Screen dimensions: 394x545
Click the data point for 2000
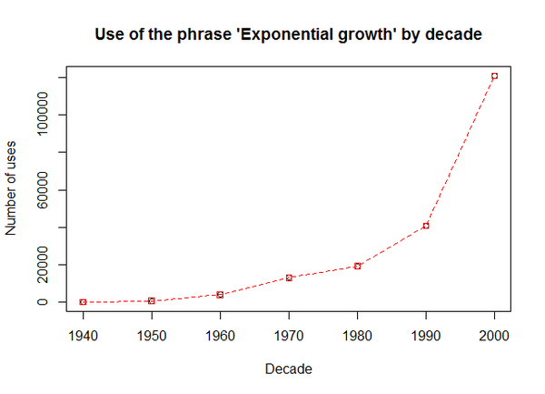[x=494, y=76]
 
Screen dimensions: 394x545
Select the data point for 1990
[x=426, y=226]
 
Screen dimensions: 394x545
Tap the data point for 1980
[x=357, y=266]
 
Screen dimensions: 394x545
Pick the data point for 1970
[x=289, y=278]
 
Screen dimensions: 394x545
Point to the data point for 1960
[x=220, y=294]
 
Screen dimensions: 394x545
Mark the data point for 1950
[x=152, y=300]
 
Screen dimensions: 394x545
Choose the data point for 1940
[x=83, y=301]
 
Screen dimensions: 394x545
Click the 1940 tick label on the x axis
[x=83, y=333]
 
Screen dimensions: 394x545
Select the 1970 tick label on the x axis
[x=289, y=333]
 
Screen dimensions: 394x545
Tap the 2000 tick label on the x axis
[x=494, y=333]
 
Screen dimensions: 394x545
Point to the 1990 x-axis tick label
[x=426, y=333]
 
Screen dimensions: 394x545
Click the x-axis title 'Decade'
[x=289, y=369]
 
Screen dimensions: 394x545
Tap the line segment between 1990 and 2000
[x=461, y=151]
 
